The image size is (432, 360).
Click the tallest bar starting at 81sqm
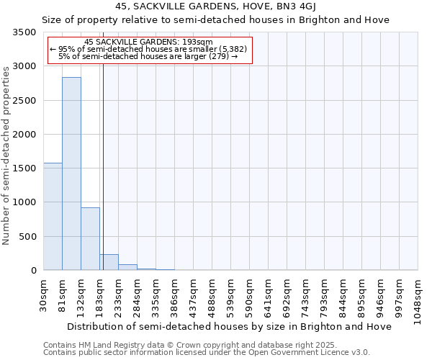tap(71, 174)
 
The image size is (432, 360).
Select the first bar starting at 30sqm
tap(53, 216)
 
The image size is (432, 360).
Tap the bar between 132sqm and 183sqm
tap(90, 238)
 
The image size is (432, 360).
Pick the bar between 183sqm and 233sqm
tap(109, 262)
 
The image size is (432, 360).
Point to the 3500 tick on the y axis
tap(26, 33)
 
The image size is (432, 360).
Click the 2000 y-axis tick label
tap(26, 135)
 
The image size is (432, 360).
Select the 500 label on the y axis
tap(29, 237)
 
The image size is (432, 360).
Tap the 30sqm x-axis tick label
tap(43, 294)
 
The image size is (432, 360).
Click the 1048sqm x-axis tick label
tap(418, 297)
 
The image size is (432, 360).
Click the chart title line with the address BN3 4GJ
tap(215, 7)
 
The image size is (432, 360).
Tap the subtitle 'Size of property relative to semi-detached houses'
tap(215, 20)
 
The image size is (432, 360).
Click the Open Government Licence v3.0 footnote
tap(207, 353)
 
